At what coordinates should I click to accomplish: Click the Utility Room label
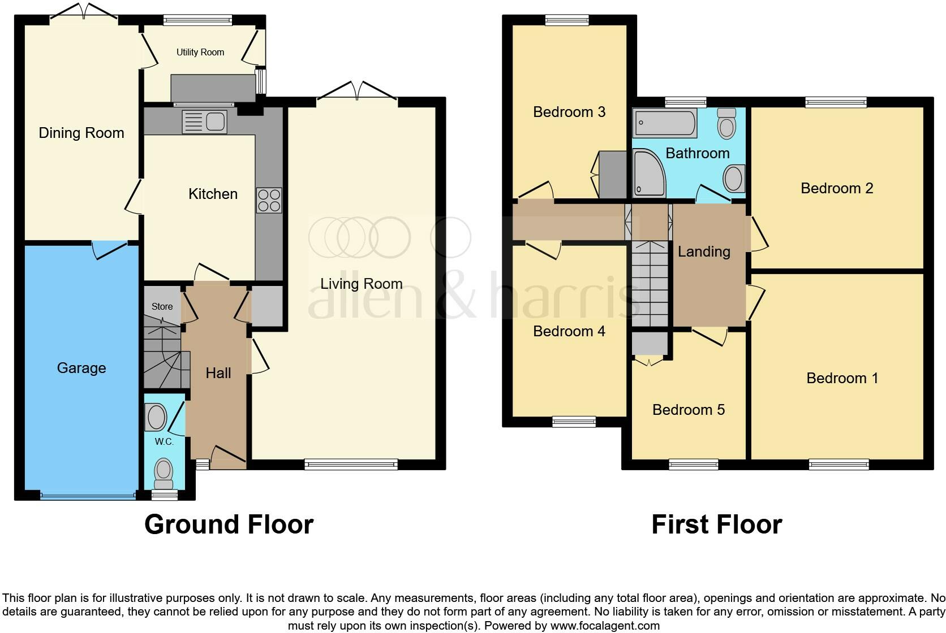point(200,53)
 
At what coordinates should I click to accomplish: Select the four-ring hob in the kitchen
point(269,200)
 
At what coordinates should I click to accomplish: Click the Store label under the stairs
point(162,306)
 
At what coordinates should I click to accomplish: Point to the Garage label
point(81,368)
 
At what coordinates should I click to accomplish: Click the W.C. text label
point(164,442)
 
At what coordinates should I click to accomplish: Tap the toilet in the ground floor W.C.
point(164,472)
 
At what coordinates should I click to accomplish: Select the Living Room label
point(362,284)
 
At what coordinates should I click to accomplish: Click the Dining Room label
point(81,133)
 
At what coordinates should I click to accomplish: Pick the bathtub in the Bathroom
point(665,123)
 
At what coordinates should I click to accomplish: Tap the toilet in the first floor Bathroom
point(726,124)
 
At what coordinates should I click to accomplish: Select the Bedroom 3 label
point(569,112)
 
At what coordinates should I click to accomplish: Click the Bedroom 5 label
point(689,410)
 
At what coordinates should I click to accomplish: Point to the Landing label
point(704,252)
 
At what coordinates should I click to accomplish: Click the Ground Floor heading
point(229,524)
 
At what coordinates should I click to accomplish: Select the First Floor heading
point(716,524)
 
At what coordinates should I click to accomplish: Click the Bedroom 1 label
point(842,378)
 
